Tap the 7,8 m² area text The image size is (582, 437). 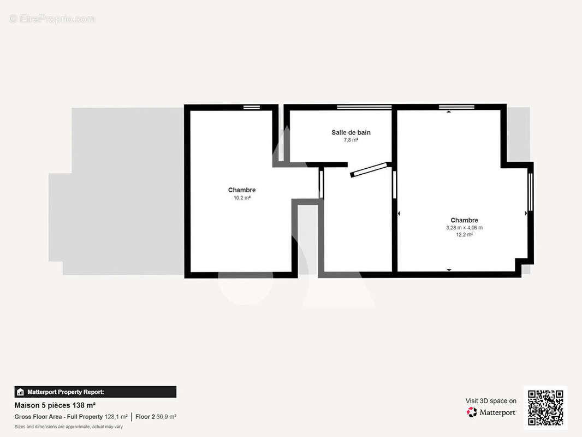coord(351,140)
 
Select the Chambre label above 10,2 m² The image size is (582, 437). coord(242,190)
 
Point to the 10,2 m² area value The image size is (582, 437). coord(242,198)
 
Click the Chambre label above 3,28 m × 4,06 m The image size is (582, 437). coord(465,220)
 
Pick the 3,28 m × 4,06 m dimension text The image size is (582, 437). coord(465,228)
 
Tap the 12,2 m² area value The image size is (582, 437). coord(465,235)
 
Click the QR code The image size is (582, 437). coord(545,408)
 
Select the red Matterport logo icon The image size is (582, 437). coord(472,412)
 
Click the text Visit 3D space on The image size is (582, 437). coord(491,401)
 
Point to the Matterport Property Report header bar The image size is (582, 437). coord(95,392)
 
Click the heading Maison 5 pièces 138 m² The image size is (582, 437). coord(55,405)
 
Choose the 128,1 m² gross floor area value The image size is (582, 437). coord(116,417)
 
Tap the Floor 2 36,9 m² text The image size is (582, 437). coord(156,417)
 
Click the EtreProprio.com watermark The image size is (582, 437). coord(52,19)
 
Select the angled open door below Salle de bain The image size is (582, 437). coord(369,170)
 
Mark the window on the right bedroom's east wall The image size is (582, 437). coord(530,192)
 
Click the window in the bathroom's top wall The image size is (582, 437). coord(364,107)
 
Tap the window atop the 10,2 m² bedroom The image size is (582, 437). coord(251,108)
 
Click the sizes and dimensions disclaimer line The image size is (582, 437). coord(69,427)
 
